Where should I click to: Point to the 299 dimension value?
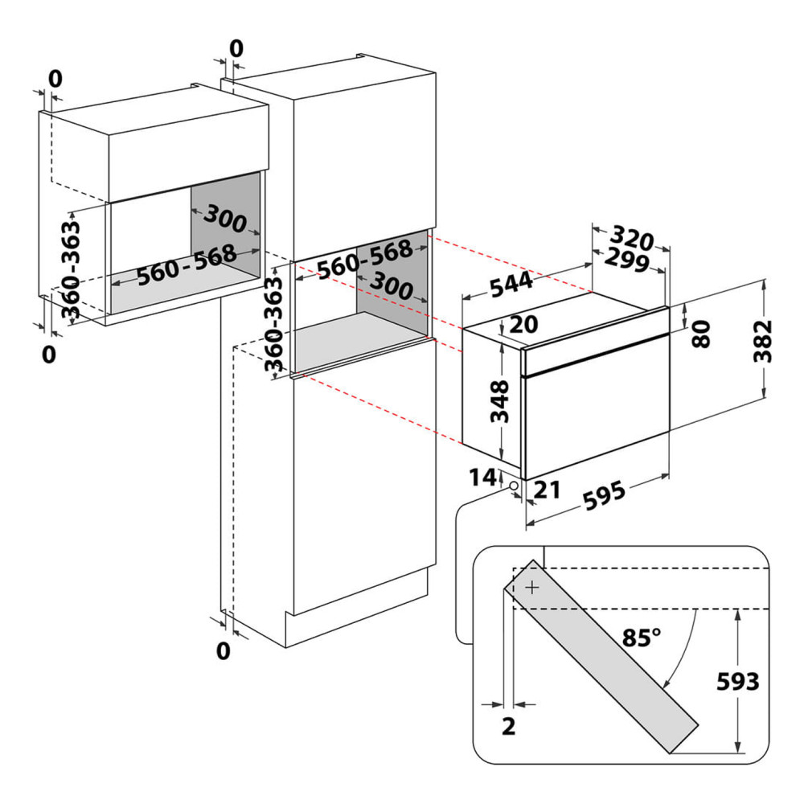(x=627, y=259)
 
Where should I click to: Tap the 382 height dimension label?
(x=763, y=340)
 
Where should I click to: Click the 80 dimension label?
(x=701, y=334)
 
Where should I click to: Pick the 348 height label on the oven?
(x=500, y=401)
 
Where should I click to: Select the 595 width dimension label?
(x=605, y=494)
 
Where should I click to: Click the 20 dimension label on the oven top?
(x=523, y=323)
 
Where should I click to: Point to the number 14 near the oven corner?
(x=483, y=477)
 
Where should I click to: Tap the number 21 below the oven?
(x=547, y=490)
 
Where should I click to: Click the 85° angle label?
(x=642, y=638)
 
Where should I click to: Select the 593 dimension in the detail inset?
(x=737, y=682)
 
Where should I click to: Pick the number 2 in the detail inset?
(x=508, y=726)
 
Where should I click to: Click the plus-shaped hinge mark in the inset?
(x=533, y=587)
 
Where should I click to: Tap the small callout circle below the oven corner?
(x=513, y=485)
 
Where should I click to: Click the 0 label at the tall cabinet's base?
(x=224, y=650)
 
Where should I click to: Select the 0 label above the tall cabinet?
(x=236, y=49)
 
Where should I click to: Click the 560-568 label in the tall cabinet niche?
(x=364, y=259)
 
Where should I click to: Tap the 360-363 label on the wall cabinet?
(x=72, y=269)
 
